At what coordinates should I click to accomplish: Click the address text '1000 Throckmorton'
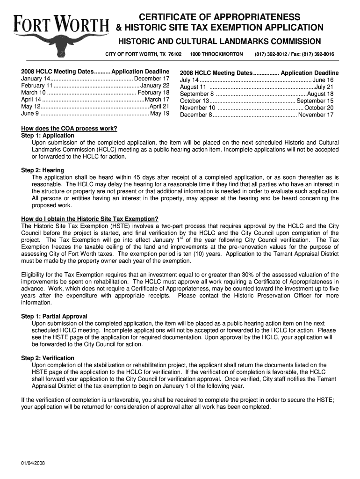[216, 54]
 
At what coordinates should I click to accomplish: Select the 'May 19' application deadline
[159, 113]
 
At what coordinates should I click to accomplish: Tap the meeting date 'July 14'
[189, 80]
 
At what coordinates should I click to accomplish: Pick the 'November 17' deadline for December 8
[316, 115]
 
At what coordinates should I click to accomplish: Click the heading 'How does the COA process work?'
[69, 129]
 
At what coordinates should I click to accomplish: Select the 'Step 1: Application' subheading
[48, 136]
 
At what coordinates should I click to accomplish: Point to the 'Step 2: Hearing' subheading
[43, 170]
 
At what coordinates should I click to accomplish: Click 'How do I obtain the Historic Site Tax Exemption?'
[90, 219]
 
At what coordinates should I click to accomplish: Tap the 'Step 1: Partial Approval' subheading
[54, 316]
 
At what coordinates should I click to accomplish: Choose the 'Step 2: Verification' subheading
[48, 358]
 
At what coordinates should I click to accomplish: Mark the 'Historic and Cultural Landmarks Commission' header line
[219, 42]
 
